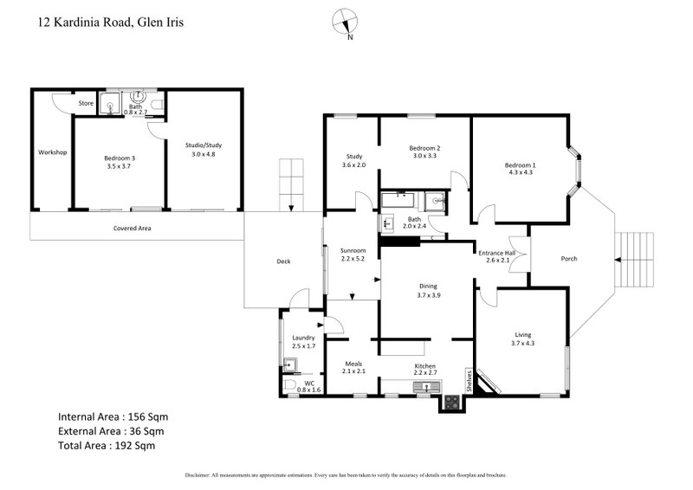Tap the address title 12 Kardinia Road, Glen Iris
click(x=111, y=23)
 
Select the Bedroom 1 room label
click(x=521, y=165)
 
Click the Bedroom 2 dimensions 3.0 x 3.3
click(x=425, y=156)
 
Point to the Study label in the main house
click(x=353, y=156)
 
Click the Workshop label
click(x=52, y=152)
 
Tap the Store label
click(x=86, y=104)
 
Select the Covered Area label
click(x=133, y=229)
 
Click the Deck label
click(x=282, y=261)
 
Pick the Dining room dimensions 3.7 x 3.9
click(x=429, y=295)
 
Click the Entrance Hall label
click(x=497, y=253)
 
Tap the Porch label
click(x=569, y=258)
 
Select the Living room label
click(x=522, y=334)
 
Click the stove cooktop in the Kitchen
click(x=451, y=402)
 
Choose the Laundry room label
click(x=303, y=338)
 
